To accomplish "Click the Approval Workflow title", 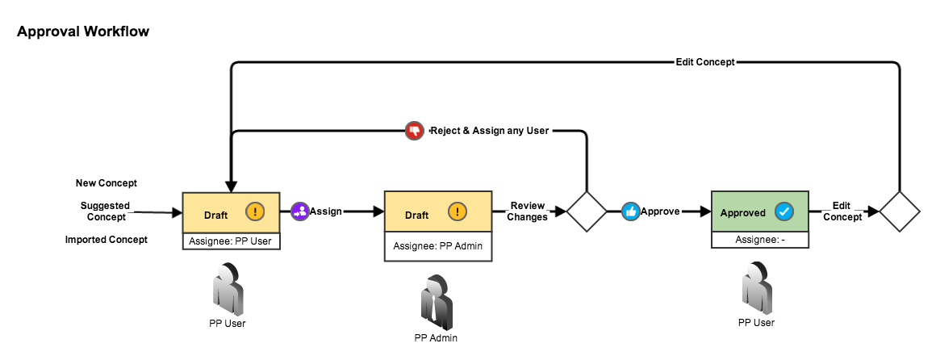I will tap(83, 32).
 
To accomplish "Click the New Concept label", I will tap(107, 183).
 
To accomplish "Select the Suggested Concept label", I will tap(106, 211).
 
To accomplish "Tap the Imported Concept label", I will tap(107, 240).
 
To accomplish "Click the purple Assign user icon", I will tap(299, 211).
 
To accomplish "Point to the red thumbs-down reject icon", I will tap(414, 130).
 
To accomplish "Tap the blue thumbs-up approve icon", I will tap(630, 211).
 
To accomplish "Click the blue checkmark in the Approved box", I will tap(783, 212).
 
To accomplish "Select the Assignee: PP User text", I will tap(231, 241).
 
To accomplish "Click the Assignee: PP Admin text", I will tap(437, 245).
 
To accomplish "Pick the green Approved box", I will tap(759, 212).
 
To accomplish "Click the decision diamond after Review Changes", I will tap(587, 212).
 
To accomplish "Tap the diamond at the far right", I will tap(900, 212).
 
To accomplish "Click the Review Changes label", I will tap(528, 211).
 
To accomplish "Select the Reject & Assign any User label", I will tap(490, 130).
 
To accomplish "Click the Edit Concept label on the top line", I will tap(704, 61).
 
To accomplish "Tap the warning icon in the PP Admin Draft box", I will tap(457, 212).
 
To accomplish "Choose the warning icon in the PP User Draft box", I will tap(255, 212).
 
